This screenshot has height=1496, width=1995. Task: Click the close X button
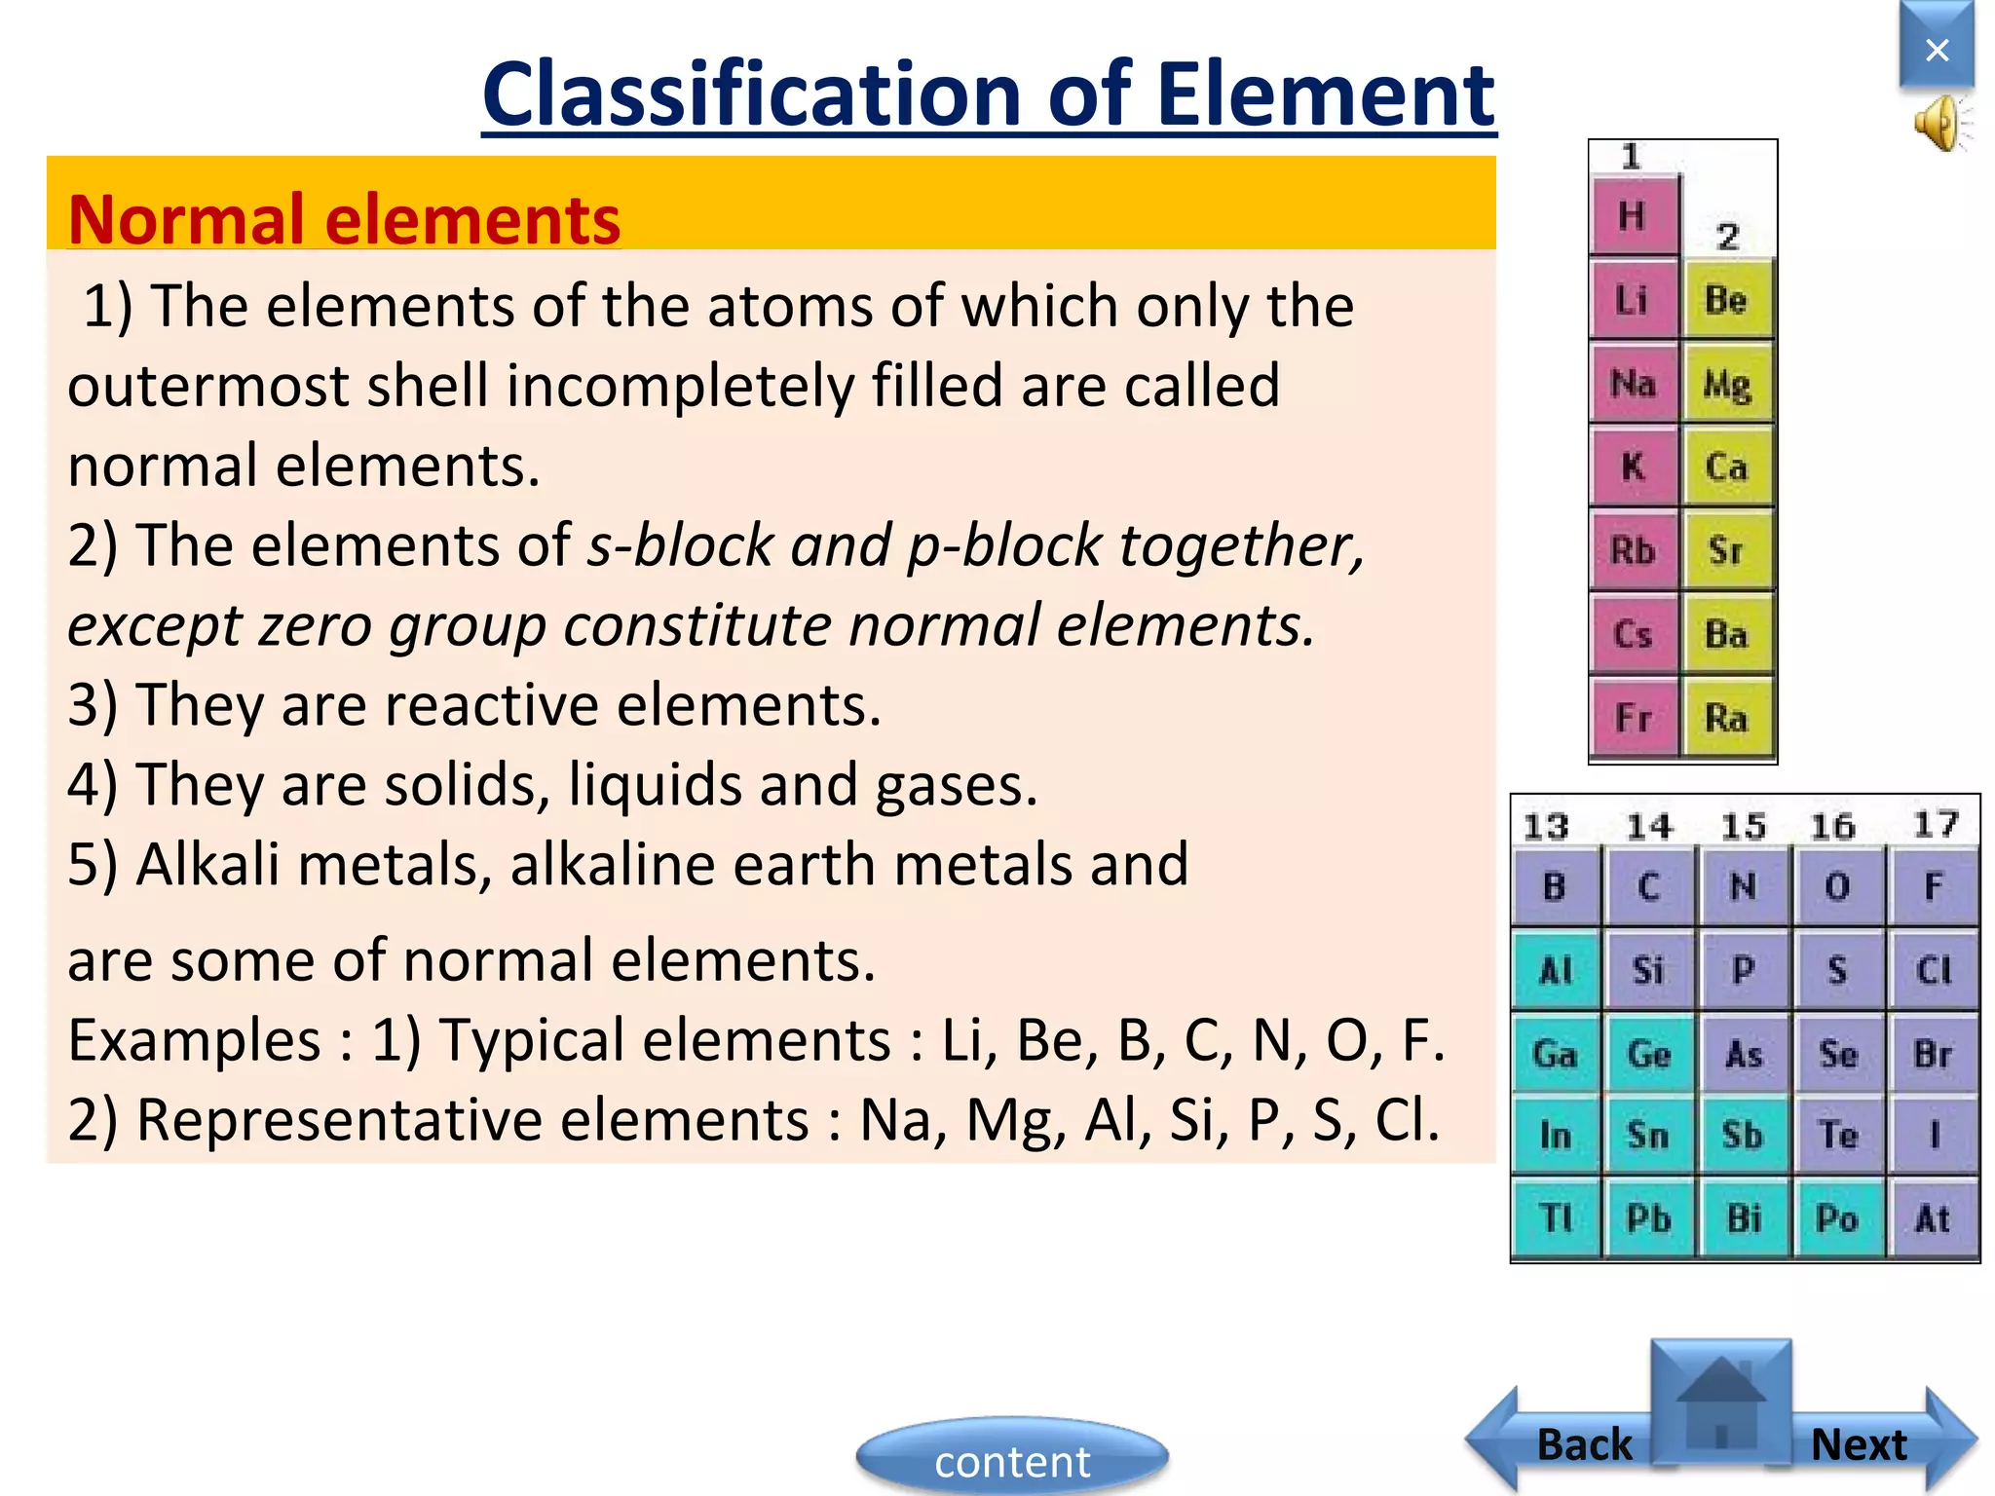coord(1937,49)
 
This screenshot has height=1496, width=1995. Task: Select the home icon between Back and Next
coord(1721,1402)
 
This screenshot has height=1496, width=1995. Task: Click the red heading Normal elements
coord(344,219)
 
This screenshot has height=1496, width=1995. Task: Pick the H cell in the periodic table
coord(1634,215)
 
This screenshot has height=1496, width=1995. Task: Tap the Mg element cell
coord(1727,384)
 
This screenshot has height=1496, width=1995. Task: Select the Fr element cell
coord(1634,719)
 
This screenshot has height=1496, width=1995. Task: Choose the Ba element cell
coord(1727,635)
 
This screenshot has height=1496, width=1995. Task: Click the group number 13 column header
coord(1546,827)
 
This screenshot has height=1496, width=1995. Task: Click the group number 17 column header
coord(1936,825)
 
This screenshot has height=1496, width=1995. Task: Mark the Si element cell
coord(1648,970)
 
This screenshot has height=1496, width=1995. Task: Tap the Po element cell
coord(1837,1218)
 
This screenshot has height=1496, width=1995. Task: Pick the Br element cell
coord(1933,1054)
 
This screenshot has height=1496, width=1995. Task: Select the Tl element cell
coord(1556,1218)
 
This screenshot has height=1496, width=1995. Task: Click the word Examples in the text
coord(194,1041)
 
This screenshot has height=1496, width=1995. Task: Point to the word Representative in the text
coord(471,1120)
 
